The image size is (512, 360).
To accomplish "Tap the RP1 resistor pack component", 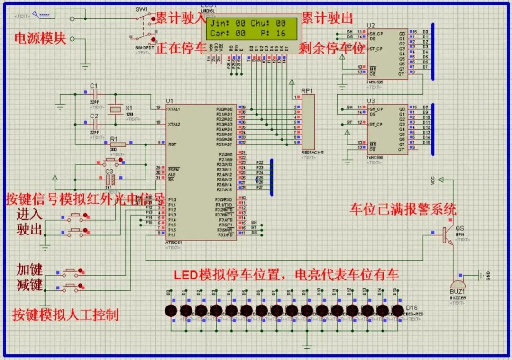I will point(308,121).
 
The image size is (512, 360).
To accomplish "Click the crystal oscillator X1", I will point(115,110).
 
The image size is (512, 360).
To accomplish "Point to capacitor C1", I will point(94,94).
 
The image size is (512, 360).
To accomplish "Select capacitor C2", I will point(94,125).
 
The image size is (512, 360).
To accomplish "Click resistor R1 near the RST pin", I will point(117,144).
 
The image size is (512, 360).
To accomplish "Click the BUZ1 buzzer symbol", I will point(457,284).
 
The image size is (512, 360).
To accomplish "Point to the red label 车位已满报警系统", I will point(403,209).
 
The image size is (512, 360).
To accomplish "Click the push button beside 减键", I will point(72,287).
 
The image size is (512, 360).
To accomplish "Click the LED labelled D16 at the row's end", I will point(397,310).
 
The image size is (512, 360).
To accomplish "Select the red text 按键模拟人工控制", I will point(65,315).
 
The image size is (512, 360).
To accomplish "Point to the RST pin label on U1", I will point(173,144).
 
